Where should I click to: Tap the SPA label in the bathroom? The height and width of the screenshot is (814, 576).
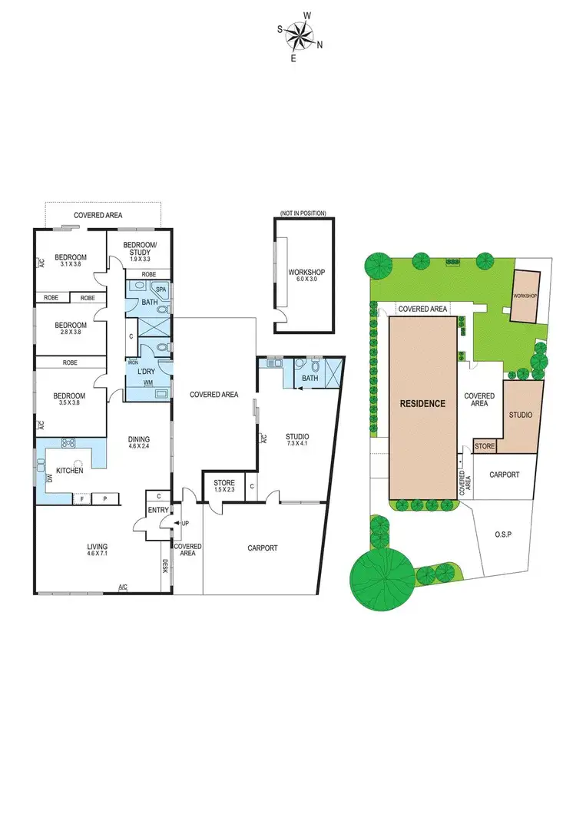[x=161, y=290]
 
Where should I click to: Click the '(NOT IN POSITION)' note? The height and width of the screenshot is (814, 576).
[x=303, y=213]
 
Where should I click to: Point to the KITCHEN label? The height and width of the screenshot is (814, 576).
[x=69, y=471]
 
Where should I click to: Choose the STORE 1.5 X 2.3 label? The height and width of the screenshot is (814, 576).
[x=223, y=487]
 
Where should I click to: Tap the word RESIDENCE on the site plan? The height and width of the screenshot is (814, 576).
[x=422, y=403]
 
